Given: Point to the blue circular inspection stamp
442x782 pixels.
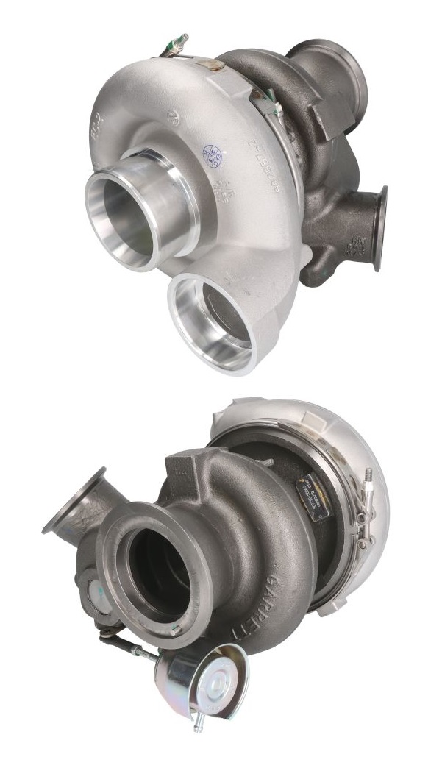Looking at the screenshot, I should [212, 157].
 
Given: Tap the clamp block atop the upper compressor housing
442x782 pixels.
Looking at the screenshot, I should [214, 65].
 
